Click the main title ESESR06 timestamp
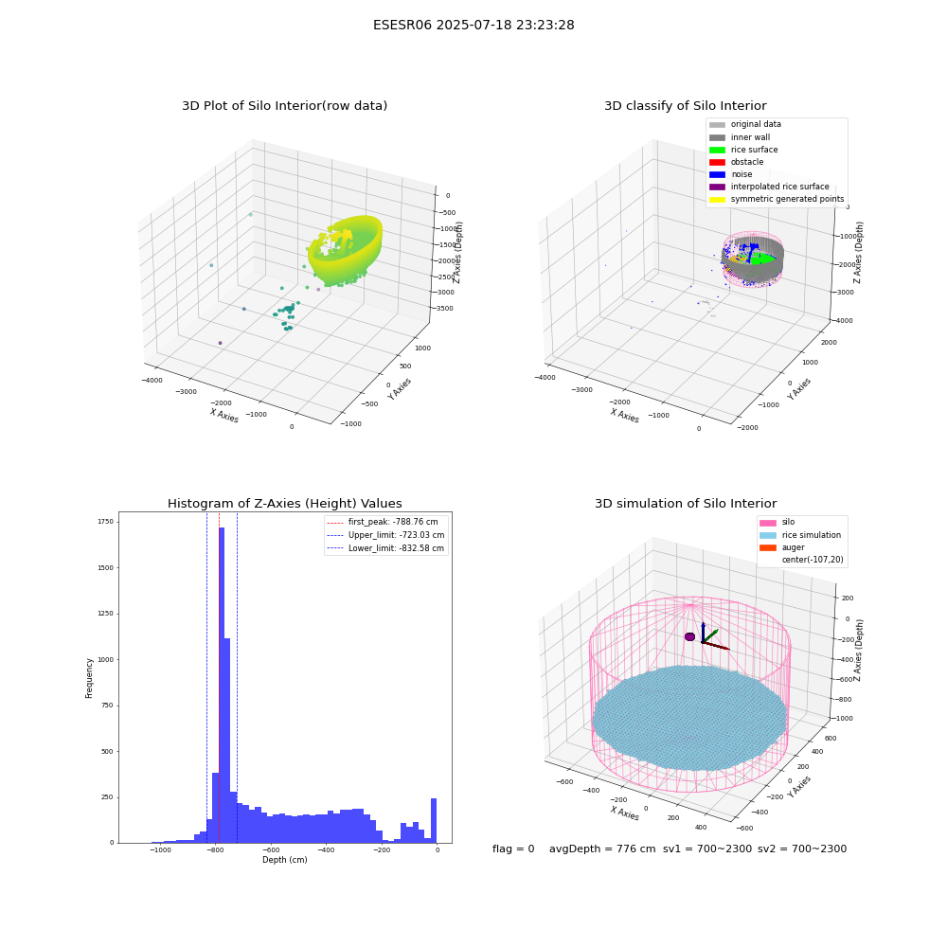pyautogui.click(x=473, y=25)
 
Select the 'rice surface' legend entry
pyautogui.click(x=743, y=150)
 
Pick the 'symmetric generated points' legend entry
pyautogui.click(x=777, y=199)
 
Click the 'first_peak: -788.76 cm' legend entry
pyautogui.click(x=383, y=522)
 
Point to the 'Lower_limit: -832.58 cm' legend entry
pyautogui.click(x=385, y=548)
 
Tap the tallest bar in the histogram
pyautogui.click(x=222, y=685)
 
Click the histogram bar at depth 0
pyautogui.click(x=433, y=820)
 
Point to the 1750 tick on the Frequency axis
pyautogui.click(x=106, y=521)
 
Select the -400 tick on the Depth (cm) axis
pyautogui.click(x=326, y=849)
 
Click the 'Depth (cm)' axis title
pyautogui.click(x=285, y=860)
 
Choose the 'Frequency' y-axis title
pyautogui.click(x=89, y=678)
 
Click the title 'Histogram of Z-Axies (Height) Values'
pyautogui.click(x=284, y=504)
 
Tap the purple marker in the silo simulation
pyautogui.click(x=689, y=636)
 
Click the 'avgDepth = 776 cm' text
pyautogui.click(x=602, y=849)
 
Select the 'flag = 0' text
pyautogui.click(x=513, y=849)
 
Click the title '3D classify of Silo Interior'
pyautogui.click(x=686, y=106)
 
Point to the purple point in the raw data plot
pyautogui.click(x=220, y=343)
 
